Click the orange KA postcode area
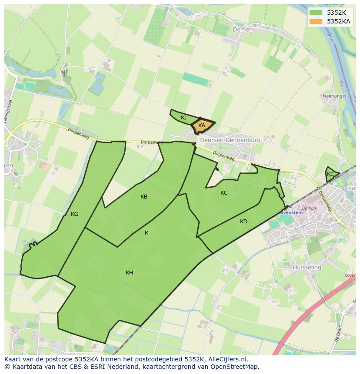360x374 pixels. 202,126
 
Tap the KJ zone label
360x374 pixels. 184,118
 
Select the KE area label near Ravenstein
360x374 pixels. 330,174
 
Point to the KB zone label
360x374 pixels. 144,197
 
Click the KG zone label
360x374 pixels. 75,214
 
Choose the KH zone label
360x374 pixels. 129,273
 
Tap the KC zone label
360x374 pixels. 224,193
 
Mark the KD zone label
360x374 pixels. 243,222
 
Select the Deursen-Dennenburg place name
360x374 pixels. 230,140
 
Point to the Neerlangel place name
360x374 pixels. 334,96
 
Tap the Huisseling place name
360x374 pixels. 307,267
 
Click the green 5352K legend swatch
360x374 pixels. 317,12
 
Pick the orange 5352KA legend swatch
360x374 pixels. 317,21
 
